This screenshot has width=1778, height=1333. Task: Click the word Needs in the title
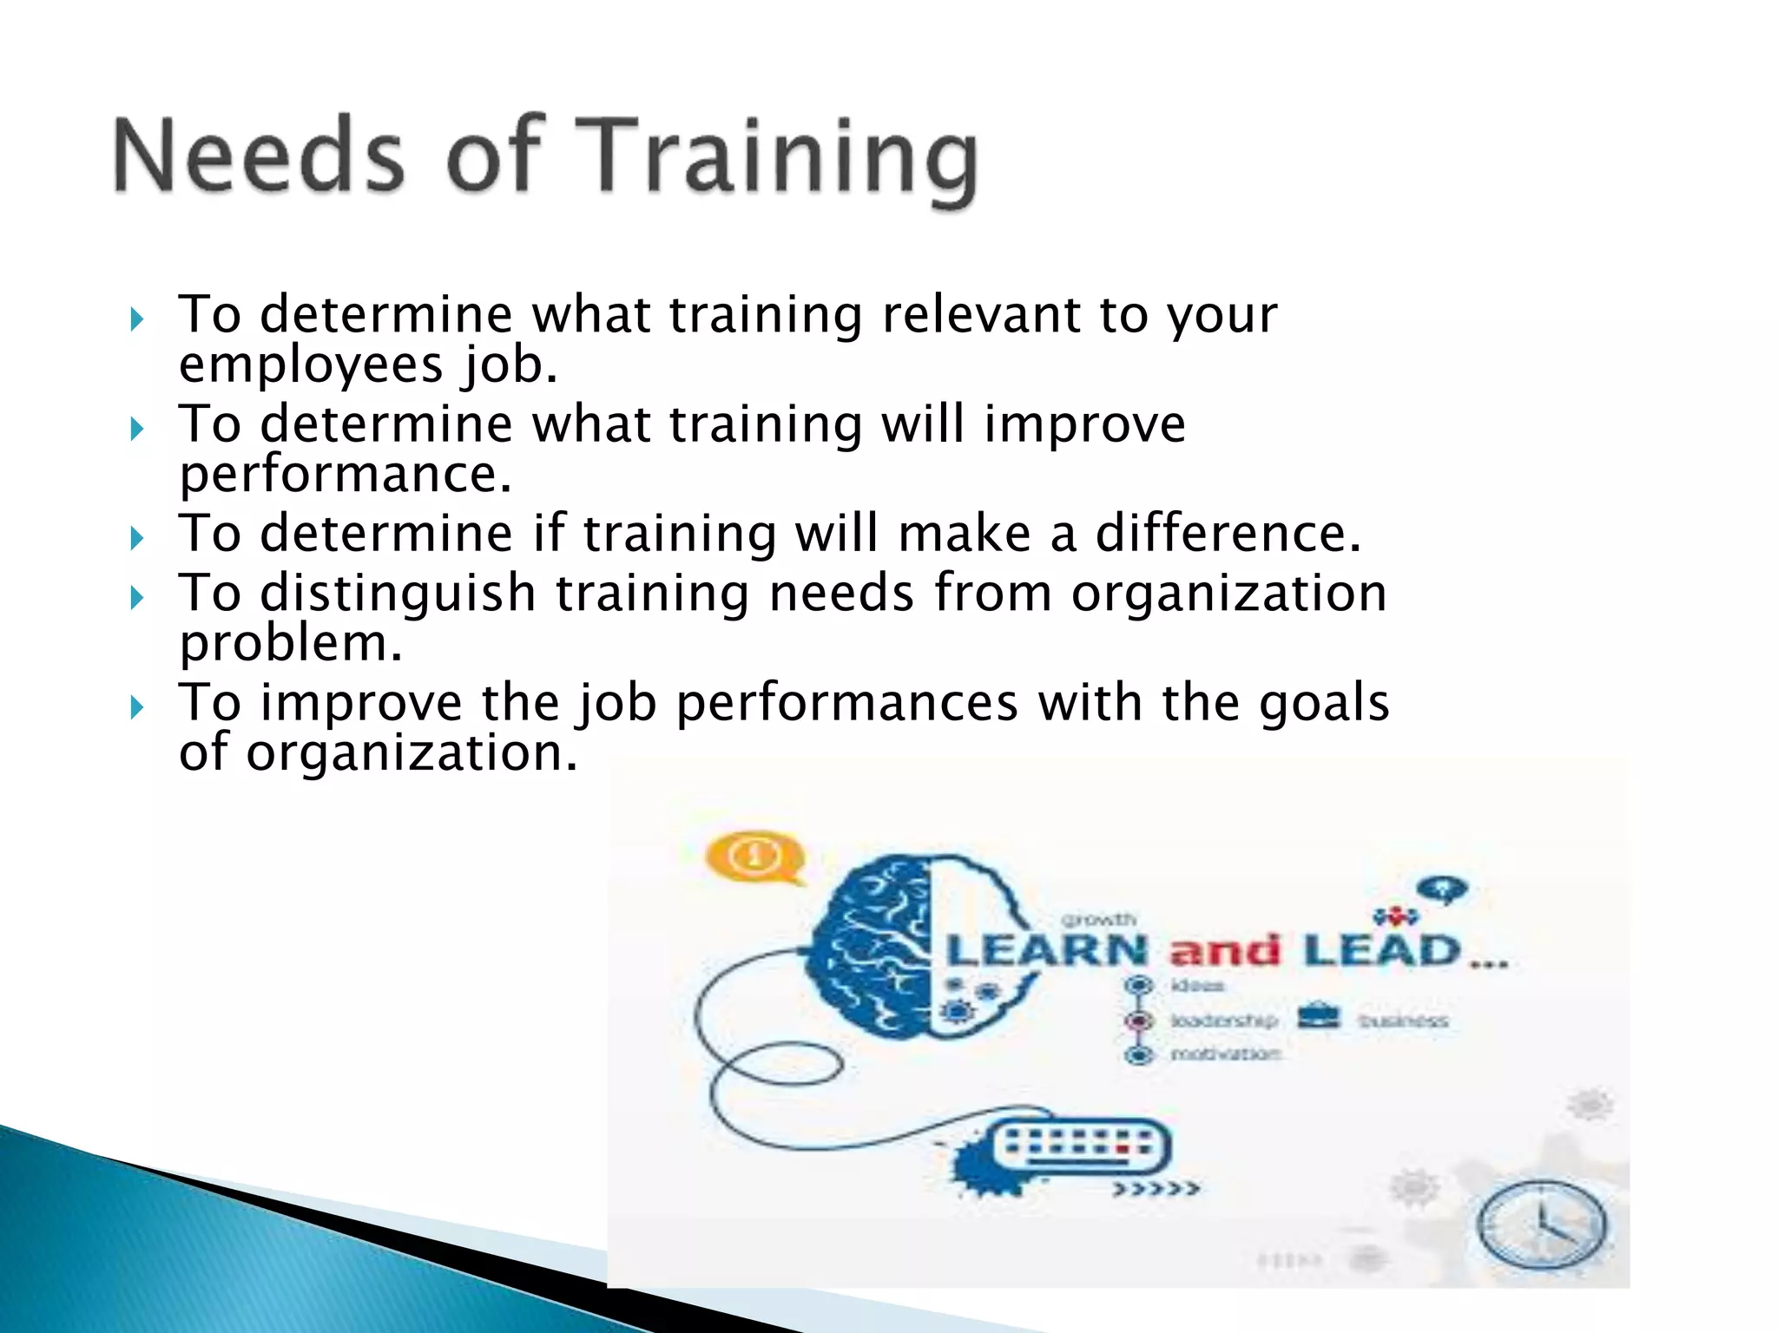coord(259,156)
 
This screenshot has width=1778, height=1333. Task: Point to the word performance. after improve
coord(346,475)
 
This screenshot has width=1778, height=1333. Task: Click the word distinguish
coord(398,594)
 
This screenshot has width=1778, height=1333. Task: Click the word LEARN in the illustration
coord(1048,951)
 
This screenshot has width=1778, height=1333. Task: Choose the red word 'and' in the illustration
coord(1225,952)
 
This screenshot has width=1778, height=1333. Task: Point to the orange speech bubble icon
coord(754,857)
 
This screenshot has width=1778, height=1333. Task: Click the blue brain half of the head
coord(873,946)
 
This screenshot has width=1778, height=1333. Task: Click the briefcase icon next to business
coord(1319,1016)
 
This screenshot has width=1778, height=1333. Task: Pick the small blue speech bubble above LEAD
coord(1442,889)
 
